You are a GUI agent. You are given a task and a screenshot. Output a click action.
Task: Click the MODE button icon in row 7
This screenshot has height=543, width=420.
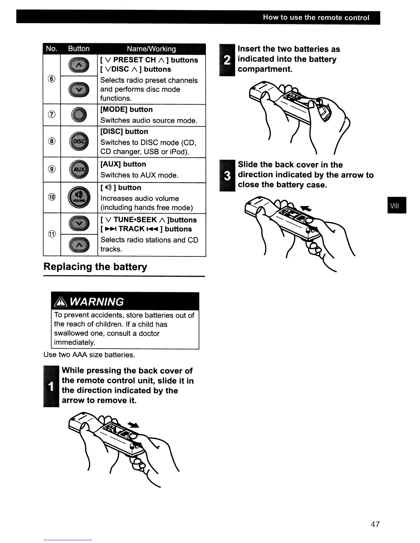pos(79,115)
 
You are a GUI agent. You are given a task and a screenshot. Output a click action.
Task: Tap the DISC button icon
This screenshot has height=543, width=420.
pos(79,142)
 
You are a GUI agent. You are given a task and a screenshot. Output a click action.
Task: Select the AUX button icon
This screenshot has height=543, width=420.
pos(79,170)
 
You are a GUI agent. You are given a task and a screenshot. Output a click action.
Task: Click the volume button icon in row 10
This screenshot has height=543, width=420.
pos(79,197)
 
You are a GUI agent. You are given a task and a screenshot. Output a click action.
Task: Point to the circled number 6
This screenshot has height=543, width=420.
pos(52,79)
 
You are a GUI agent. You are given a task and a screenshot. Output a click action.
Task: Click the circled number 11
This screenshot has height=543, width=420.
pos(52,234)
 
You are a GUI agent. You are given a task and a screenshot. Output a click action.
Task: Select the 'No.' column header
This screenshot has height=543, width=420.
pos(52,49)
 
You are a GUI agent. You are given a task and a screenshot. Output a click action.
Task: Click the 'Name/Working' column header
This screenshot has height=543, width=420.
pos(151,49)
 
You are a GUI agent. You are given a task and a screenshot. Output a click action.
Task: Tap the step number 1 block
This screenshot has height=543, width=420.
pos(51,386)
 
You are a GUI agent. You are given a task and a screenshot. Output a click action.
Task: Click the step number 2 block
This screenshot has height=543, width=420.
pos(227,60)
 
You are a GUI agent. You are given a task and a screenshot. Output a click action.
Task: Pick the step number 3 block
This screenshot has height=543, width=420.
pos(227,175)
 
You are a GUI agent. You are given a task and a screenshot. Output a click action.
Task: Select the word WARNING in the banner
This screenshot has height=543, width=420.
pos(97,302)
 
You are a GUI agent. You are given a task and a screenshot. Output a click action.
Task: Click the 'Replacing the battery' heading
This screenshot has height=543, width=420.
pos(95,267)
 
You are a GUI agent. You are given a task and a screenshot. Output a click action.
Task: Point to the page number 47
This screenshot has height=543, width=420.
pos(375,524)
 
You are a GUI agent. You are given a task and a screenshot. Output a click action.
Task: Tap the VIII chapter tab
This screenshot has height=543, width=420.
pos(397,205)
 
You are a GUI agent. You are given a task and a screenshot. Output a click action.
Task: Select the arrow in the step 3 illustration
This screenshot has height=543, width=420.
pos(304,208)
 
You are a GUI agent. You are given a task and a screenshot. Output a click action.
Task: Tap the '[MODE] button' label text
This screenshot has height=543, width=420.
pos(126,110)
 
